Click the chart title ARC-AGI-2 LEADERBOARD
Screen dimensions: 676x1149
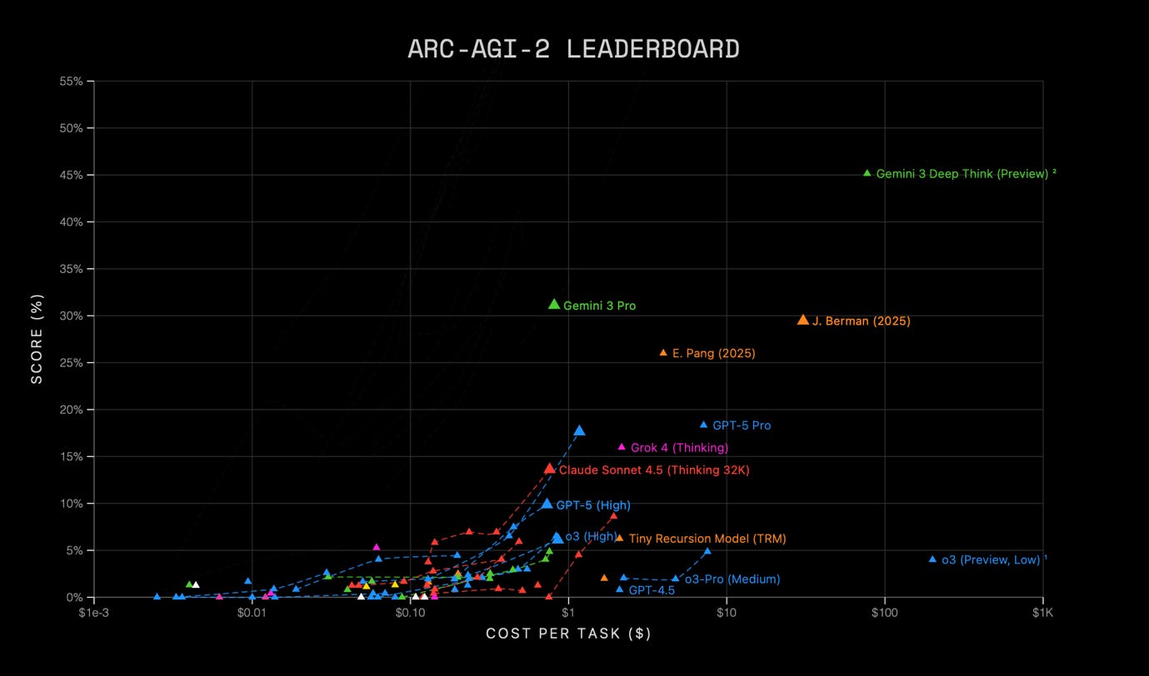click(x=573, y=49)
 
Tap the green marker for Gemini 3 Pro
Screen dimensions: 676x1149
click(x=554, y=305)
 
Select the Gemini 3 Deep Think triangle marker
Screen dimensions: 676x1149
click(x=867, y=173)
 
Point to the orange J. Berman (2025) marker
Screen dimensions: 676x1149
click(x=803, y=320)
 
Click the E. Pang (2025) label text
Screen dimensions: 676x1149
click(x=713, y=354)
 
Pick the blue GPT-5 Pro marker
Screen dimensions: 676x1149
click(x=703, y=425)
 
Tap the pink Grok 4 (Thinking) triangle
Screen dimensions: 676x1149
click(x=622, y=447)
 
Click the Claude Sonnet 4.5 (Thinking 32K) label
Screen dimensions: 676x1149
click(x=654, y=470)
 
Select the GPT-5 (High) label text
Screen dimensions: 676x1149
click(x=593, y=505)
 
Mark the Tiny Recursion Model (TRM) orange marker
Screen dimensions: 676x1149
click(x=619, y=539)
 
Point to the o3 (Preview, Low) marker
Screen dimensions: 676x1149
click(x=932, y=559)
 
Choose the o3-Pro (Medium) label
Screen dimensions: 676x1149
click(x=732, y=579)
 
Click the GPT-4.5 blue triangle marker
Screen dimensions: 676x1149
click(x=620, y=589)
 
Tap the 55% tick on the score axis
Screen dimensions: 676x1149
click(x=71, y=82)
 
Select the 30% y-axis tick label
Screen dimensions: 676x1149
click(x=71, y=316)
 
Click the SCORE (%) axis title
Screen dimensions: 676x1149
click(x=37, y=339)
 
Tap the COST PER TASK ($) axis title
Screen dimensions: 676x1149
click(x=568, y=634)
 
